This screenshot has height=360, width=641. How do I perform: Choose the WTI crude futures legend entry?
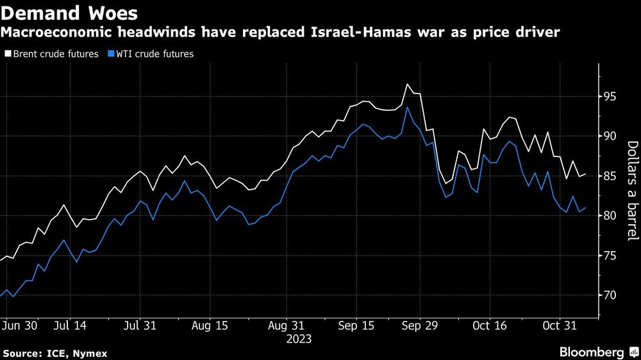[x=152, y=54]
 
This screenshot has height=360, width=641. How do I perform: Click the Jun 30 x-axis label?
[x=21, y=326]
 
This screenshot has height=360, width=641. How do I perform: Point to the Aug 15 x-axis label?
[x=210, y=326]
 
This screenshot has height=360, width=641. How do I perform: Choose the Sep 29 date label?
[x=420, y=326]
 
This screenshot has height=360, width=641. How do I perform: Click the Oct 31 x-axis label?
[x=560, y=326]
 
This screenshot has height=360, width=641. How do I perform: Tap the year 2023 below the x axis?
[x=299, y=338]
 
